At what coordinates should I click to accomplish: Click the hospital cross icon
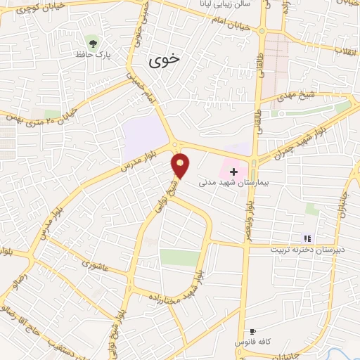pos(233,171)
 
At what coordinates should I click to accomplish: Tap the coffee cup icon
pos(252,331)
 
